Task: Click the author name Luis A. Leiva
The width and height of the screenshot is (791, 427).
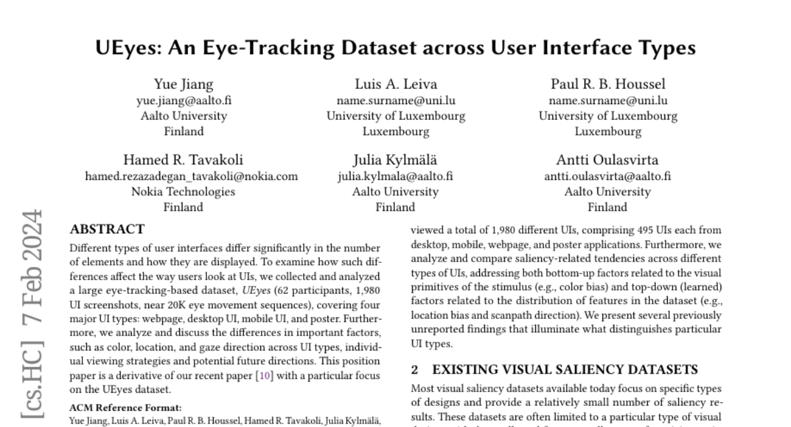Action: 395,84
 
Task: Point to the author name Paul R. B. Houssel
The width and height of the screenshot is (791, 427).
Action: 608,84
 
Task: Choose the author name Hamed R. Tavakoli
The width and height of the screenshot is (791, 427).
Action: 191,160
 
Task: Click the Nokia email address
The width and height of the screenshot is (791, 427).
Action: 191,177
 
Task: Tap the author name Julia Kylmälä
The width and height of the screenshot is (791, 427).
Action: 395,160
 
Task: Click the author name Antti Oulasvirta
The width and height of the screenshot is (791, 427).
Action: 607,160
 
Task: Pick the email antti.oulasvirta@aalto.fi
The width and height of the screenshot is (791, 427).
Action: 607,177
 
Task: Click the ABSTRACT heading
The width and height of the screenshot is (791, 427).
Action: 107,230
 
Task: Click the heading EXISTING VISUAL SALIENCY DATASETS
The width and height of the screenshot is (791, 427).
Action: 565,370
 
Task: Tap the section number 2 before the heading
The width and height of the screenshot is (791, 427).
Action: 414,370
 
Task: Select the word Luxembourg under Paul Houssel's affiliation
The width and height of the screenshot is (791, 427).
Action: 608,131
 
